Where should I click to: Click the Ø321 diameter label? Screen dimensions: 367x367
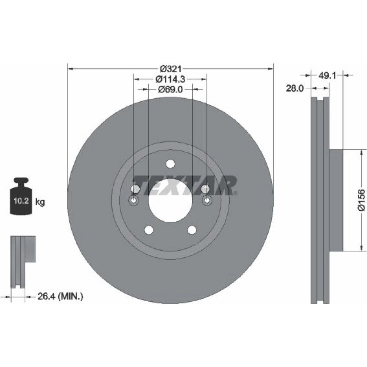coord(170,69)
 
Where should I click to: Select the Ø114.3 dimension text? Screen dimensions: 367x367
coord(170,79)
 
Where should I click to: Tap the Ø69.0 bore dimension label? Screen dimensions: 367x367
coord(170,89)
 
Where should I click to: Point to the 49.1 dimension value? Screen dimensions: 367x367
coord(327,75)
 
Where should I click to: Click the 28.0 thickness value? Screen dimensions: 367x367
coord(295,88)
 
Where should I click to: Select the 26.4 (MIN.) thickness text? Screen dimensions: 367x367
coord(60,297)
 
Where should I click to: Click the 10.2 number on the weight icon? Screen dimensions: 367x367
coord(21,201)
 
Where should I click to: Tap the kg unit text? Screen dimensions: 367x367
coord(40,201)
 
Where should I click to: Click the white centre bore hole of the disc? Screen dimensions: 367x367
coord(170,201)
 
